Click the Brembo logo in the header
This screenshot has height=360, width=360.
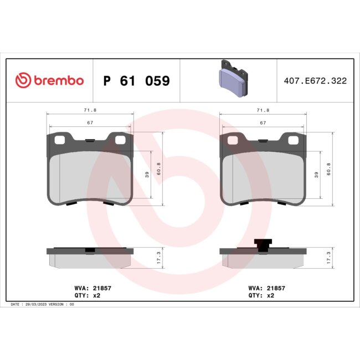click(49, 81)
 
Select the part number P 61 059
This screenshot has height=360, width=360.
click(137, 81)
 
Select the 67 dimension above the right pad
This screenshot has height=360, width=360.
click(263, 123)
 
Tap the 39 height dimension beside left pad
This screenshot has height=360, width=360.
click(147, 174)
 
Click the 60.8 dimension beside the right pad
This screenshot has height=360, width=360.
click(328, 166)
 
